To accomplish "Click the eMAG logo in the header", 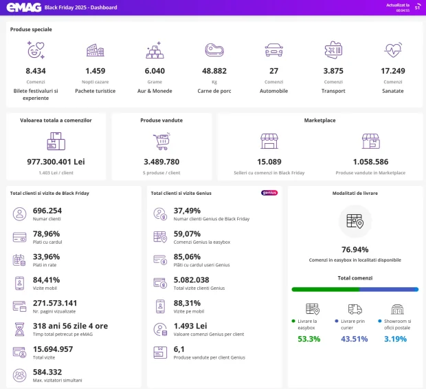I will pos(23,8).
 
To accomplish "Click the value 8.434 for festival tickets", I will pos(36,71).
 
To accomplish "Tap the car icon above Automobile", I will pos(274,50).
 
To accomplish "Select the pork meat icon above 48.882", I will pos(214,50).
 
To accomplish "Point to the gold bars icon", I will pos(155,50).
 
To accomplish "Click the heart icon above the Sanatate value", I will pos(393,50).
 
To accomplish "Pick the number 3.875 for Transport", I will pos(333,71).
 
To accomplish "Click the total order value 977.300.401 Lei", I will pos(56,162).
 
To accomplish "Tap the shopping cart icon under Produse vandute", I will pos(161,141).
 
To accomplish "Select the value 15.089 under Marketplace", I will pos(269,162).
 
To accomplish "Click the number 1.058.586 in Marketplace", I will pos(370,162).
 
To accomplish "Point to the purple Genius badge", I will pos(269,193).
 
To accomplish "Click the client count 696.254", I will pos(47,211).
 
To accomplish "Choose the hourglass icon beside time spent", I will pos(19,329).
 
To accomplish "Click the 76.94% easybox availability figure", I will pos(355,249).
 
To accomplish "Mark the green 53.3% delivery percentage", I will pos(309,339).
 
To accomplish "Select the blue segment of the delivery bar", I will pos(389,289).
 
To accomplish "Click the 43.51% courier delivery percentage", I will pos(355,339).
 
